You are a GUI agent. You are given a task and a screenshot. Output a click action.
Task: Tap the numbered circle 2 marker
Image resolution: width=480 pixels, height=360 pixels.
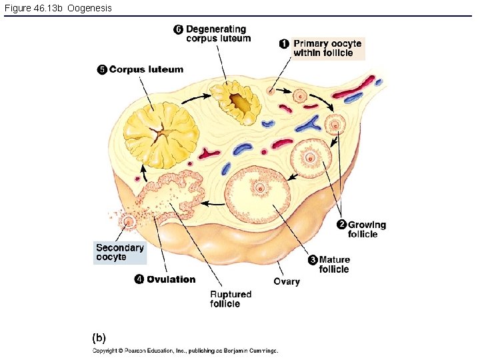coord(341,225)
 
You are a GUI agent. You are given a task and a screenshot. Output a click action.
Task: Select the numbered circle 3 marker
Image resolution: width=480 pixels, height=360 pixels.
coord(312,260)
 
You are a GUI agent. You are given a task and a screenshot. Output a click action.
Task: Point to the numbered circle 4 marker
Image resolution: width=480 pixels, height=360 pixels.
coord(139,279)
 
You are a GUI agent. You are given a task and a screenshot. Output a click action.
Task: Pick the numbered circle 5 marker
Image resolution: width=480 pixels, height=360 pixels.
coord(101,69)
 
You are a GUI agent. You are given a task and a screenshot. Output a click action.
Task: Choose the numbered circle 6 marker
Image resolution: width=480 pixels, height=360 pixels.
coord(178,29)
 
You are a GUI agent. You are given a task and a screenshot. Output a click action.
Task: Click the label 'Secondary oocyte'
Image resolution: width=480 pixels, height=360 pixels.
coord(119,252)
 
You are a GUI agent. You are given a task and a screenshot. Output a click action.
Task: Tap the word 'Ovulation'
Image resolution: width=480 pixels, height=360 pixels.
coord(171,279)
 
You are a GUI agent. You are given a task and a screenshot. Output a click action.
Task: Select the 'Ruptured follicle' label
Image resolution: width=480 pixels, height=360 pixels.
coord(231,299)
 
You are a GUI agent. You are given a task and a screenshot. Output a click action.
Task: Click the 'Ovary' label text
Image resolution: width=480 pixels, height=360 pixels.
coord(287,281)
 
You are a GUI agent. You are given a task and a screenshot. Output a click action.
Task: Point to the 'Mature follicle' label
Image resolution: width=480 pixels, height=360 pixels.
coord(334,265)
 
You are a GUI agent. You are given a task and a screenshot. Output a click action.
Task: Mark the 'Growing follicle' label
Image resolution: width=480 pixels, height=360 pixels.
coord(366,229)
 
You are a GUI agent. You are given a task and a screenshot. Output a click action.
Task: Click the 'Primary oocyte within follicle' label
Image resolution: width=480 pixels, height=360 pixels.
coord(327,48)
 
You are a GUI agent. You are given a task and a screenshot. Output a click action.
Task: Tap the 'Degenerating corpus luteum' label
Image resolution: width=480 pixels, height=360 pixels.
coord(218,33)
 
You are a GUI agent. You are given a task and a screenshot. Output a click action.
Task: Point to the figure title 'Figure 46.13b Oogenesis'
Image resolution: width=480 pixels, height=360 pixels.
coord(58,8)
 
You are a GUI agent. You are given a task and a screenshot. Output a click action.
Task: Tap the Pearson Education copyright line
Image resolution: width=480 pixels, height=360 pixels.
coord(185,351)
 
